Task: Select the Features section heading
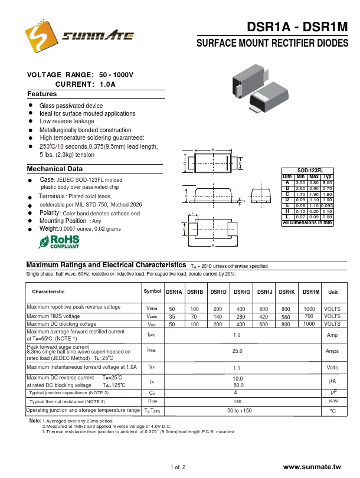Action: [x=42, y=94]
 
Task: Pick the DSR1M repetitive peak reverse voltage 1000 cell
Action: [x=309, y=309]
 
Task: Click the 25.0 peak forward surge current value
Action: [x=237, y=351]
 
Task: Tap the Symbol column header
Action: [x=152, y=292]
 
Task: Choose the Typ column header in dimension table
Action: [x=328, y=176]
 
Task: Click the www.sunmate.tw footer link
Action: [x=312, y=467]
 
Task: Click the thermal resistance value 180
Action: [x=237, y=401]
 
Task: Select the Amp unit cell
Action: [x=332, y=335]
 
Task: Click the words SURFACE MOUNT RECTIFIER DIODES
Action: [x=272, y=44]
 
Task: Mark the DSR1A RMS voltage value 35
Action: [x=172, y=317]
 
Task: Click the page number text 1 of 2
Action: [x=178, y=467]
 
